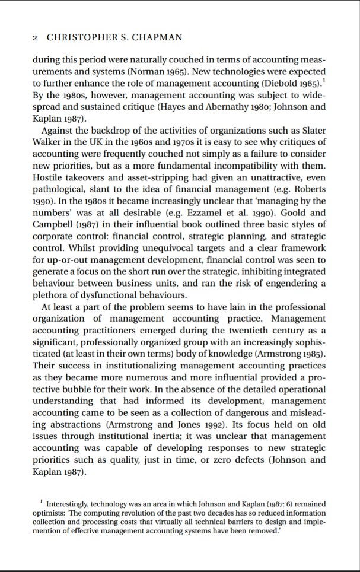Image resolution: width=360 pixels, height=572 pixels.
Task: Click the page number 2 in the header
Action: (35, 37)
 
